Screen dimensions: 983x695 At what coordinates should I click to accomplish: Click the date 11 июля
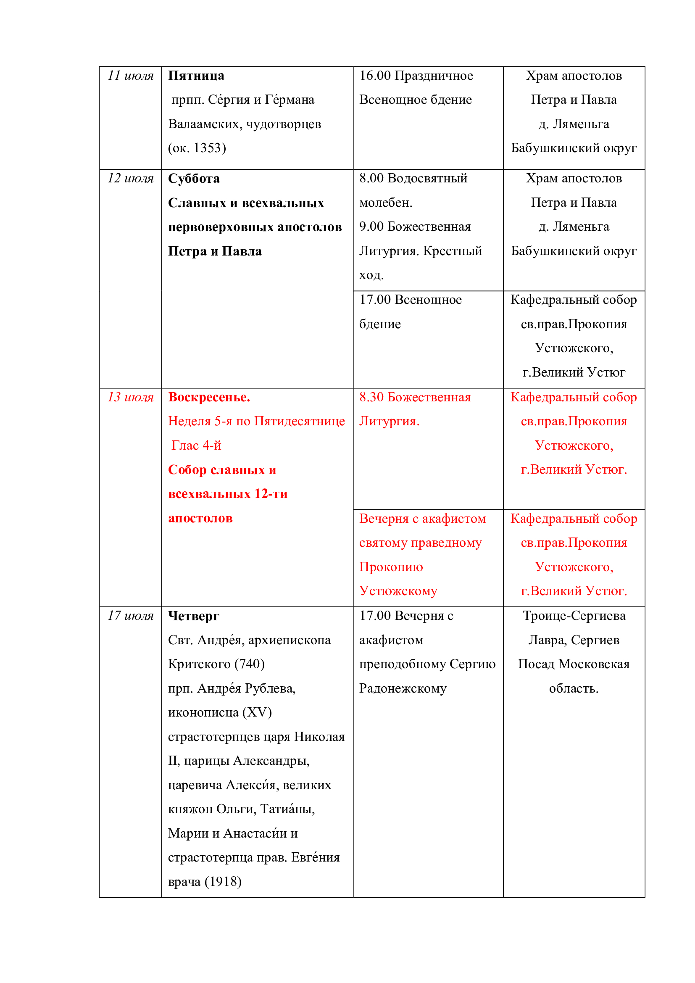tap(130, 76)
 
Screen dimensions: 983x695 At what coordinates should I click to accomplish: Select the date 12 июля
tap(130, 179)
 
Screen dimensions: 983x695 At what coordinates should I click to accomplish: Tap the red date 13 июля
tap(130, 397)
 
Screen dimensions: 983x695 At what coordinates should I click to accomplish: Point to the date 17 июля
tap(130, 616)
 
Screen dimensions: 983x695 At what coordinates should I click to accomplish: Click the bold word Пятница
tap(196, 76)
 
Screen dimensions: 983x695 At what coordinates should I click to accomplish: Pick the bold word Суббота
tap(193, 179)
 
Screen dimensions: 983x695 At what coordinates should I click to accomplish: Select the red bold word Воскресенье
tap(209, 397)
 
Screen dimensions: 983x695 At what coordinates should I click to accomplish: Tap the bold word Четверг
tap(193, 616)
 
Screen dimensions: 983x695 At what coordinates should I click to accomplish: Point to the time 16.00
tap(375, 76)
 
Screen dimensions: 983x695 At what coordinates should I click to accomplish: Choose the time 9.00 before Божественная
tap(371, 227)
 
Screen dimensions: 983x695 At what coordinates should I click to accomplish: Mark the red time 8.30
tap(371, 397)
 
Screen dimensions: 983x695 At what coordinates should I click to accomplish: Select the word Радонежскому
tap(403, 688)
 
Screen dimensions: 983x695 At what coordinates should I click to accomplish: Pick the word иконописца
tap(203, 712)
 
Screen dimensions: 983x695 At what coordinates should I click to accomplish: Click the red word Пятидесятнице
tap(299, 421)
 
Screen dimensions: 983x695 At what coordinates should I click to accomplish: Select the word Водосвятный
tap(426, 179)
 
